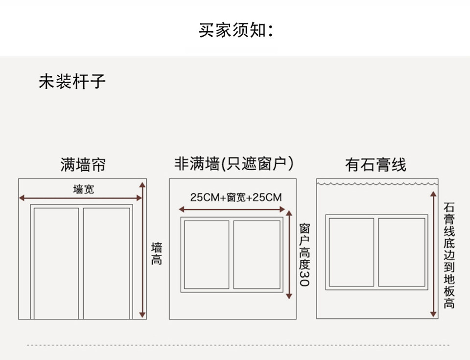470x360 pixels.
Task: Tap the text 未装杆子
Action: pos(72,81)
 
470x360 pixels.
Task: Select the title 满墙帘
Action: pos(83,164)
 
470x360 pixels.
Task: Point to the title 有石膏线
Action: pos(376,165)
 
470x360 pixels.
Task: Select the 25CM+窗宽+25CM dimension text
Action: pos(236,198)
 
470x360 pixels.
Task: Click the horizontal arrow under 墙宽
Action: pos(80,198)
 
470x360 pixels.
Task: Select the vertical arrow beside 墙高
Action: pos(142,250)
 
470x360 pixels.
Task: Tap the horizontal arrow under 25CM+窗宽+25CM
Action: pos(233,209)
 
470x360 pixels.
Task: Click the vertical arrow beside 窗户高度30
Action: pos(289,254)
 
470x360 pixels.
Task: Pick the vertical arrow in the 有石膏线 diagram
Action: pos(433,254)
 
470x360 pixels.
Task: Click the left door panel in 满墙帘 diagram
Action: pos(56,263)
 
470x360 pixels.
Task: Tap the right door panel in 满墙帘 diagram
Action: pos(106,263)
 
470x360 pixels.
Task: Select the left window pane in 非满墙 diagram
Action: pos(207,254)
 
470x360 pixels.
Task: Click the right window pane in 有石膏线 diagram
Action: pos(401,252)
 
